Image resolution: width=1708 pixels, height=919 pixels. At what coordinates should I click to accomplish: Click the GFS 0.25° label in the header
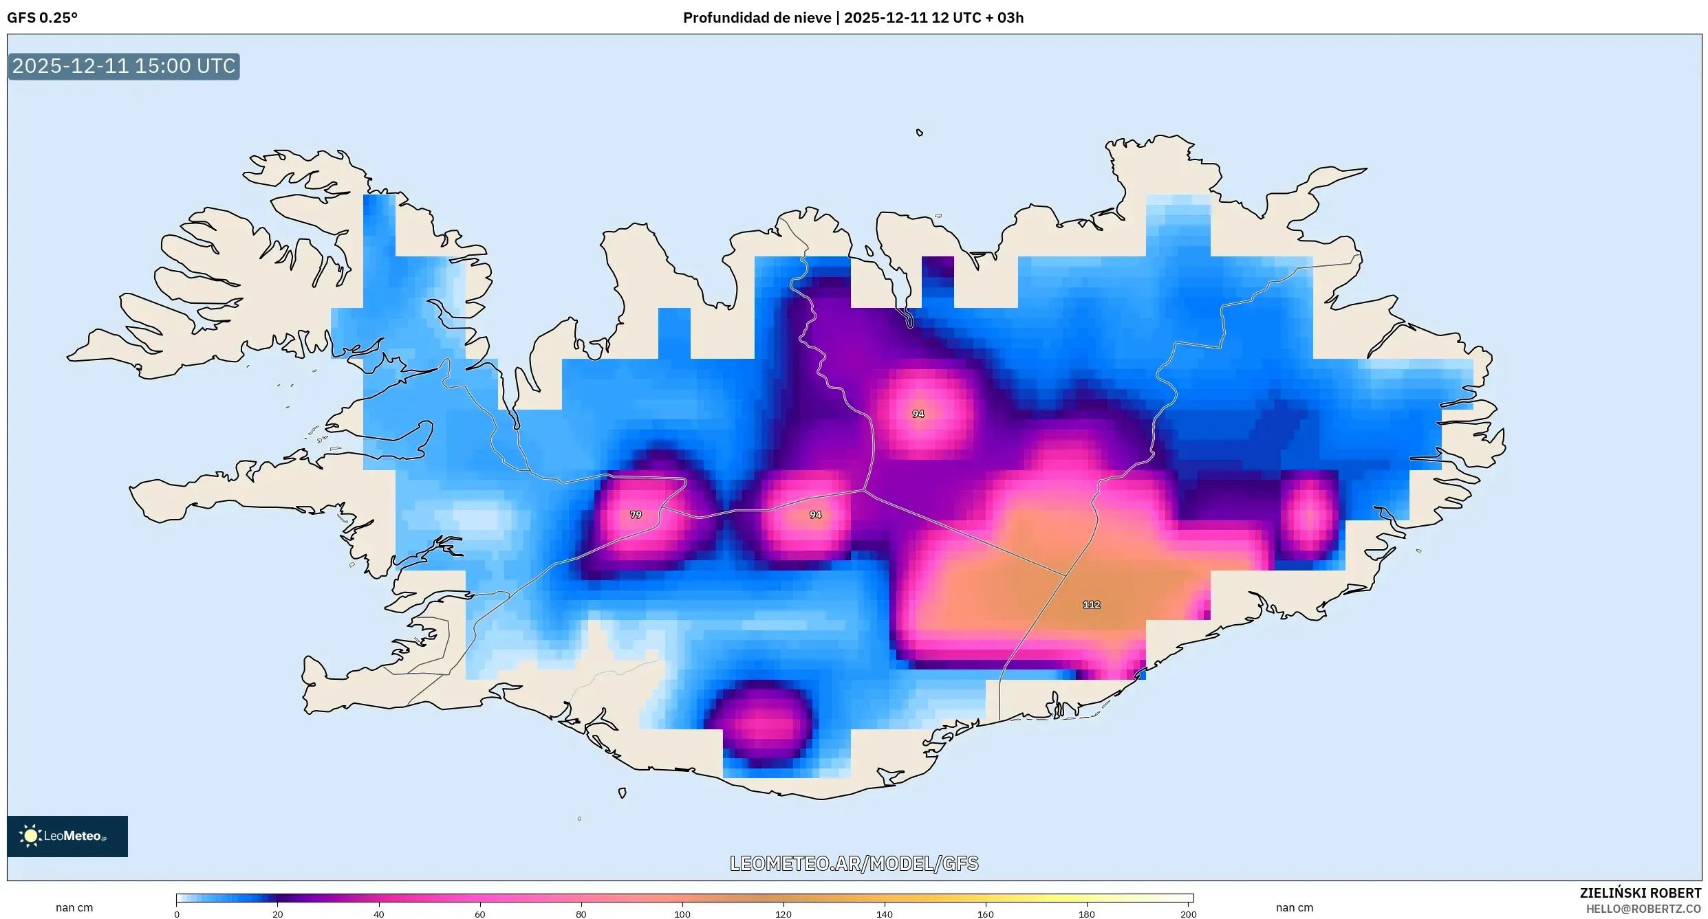click(42, 18)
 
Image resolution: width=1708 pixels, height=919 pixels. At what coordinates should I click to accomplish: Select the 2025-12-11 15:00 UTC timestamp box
click(124, 67)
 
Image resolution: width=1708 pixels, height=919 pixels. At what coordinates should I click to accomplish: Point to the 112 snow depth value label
click(1091, 605)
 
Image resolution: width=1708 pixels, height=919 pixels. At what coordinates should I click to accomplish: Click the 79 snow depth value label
click(636, 515)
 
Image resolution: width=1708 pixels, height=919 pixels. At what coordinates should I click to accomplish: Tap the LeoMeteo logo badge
click(67, 836)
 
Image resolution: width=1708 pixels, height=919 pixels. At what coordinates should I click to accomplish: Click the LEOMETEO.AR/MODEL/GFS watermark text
click(854, 864)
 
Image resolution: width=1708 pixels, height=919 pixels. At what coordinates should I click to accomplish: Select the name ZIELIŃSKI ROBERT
click(1640, 893)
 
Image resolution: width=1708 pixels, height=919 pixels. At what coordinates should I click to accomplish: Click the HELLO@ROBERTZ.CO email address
click(1643, 909)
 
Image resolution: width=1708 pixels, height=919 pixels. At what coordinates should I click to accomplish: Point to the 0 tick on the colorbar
click(177, 914)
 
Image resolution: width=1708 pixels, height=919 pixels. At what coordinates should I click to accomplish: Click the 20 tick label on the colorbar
click(278, 914)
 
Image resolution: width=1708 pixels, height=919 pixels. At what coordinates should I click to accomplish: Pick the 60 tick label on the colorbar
click(480, 914)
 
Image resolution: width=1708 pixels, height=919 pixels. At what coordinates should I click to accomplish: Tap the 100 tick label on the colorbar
click(682, 914)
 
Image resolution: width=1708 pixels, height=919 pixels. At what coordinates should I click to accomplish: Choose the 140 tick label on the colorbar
click(884, 914)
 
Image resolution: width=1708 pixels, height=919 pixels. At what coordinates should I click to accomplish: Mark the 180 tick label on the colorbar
click(1086, 914)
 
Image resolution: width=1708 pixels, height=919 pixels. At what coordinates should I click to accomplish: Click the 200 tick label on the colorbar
click(1188, 914)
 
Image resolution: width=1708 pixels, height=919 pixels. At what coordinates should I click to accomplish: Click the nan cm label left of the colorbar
click(74, 908)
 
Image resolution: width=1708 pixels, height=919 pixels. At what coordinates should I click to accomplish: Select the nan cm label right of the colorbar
click(1294, 908)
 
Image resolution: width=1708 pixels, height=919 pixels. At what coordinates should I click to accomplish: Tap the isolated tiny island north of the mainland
click(920, 133)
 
